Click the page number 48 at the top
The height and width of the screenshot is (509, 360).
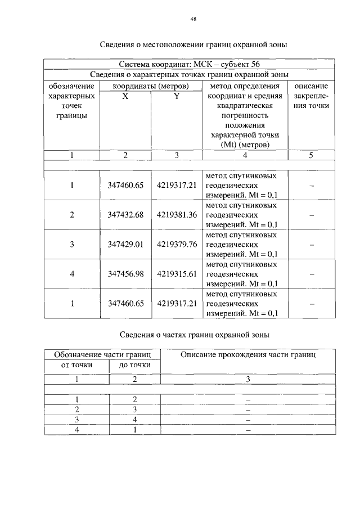(x=193, y=19)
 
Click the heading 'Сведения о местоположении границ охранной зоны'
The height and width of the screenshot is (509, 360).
(x=194, y=44)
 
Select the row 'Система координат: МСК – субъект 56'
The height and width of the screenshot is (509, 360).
(x=189, y=64)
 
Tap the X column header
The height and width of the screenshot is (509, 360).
(x=125, y=96)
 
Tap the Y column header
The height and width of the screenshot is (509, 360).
(x=175, y=96)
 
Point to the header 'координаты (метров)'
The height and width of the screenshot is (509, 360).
(x=150, y=86)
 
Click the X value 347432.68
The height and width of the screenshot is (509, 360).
(x=126, y=215)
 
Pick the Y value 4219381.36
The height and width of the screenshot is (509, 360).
(x=177, y=215)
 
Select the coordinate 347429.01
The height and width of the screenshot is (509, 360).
(x=126, y=244)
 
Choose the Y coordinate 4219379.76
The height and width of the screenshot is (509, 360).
(x=177, y=244)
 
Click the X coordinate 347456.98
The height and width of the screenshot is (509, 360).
(x=126, y=273)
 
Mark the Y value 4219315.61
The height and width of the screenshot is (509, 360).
(x=177, y=273)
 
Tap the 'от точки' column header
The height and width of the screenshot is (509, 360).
(x=76, y=365)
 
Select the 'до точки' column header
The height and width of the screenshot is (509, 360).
(x=134, y=365)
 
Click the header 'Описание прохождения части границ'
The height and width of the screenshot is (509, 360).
(x=248, y=355)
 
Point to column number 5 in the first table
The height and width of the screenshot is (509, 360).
(x=311, y=155)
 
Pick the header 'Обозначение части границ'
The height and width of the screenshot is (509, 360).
(x=102, y=355)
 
